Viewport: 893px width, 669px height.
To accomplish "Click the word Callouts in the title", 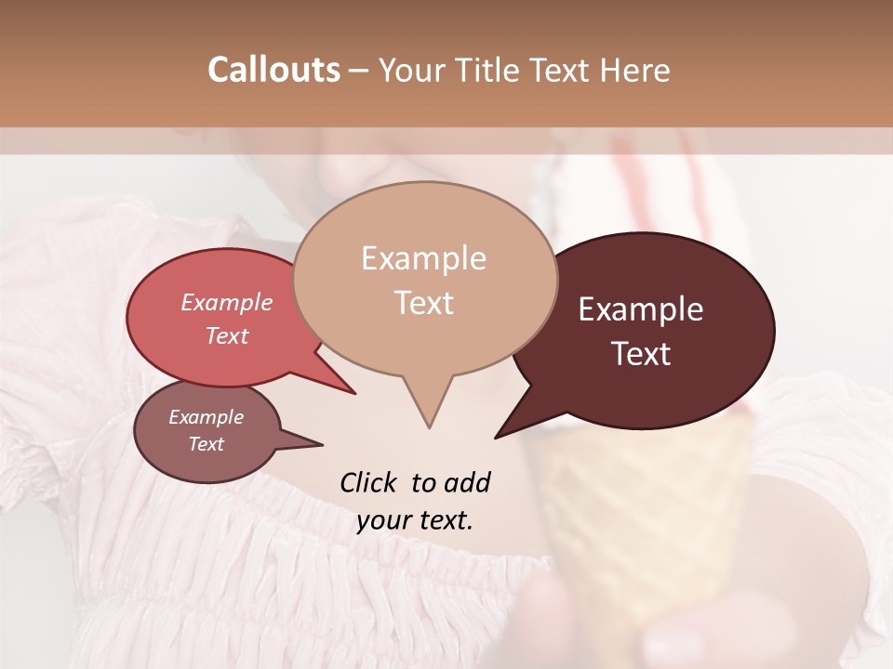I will tap(273, 71).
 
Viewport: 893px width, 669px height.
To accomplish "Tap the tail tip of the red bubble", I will tap(353, 393).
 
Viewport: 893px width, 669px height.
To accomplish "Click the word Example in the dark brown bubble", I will tap(641, 309).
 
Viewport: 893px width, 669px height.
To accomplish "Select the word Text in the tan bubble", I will tap(423, 303).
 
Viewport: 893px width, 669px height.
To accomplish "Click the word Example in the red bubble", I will tap(227, 302).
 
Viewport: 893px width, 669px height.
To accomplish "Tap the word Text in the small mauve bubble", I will tap(207, 444).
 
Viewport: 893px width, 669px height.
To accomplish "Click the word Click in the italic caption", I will tap(369, 483).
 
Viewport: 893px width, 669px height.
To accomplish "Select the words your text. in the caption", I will tap(415, 520).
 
